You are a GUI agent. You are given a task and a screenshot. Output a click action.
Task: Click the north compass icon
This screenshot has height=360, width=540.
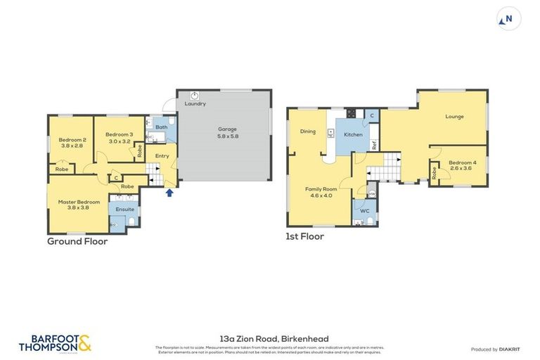click(508, 19)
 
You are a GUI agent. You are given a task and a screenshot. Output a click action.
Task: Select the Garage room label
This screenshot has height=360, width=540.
click(226, 129)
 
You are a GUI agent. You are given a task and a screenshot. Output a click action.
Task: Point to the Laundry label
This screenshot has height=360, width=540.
click(195, 103)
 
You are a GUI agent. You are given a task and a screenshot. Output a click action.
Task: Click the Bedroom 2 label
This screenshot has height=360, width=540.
click(72, 140)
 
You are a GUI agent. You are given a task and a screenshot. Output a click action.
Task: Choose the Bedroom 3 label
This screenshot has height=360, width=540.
click(120, 134)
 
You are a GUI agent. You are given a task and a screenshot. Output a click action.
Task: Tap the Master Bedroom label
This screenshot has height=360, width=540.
click(79, 202)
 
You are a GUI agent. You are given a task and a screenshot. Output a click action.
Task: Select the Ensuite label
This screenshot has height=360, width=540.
click(125, 209)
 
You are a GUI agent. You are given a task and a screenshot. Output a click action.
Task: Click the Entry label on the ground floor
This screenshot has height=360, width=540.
click(162, 156)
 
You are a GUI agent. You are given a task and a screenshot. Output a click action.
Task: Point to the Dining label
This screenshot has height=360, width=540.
click(308, 131)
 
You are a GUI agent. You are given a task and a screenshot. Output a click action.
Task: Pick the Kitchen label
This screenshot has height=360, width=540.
click(353, 134)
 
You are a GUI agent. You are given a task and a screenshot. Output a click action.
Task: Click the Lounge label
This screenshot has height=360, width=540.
click(454, 117)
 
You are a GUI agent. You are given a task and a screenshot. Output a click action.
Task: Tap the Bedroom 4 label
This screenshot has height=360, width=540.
click(462, 162)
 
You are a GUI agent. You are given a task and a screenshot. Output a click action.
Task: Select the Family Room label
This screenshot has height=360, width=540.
click(321, 189)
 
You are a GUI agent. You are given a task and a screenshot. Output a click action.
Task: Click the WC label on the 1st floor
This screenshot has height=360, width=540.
click(365, 210)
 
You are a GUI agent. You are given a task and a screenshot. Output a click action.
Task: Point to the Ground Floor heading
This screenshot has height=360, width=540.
click(77, 241)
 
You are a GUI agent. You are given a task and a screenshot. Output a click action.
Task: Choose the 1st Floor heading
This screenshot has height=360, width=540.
click(304, 237)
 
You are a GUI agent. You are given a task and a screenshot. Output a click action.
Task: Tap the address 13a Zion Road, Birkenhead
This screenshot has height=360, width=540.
click(270, 339)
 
